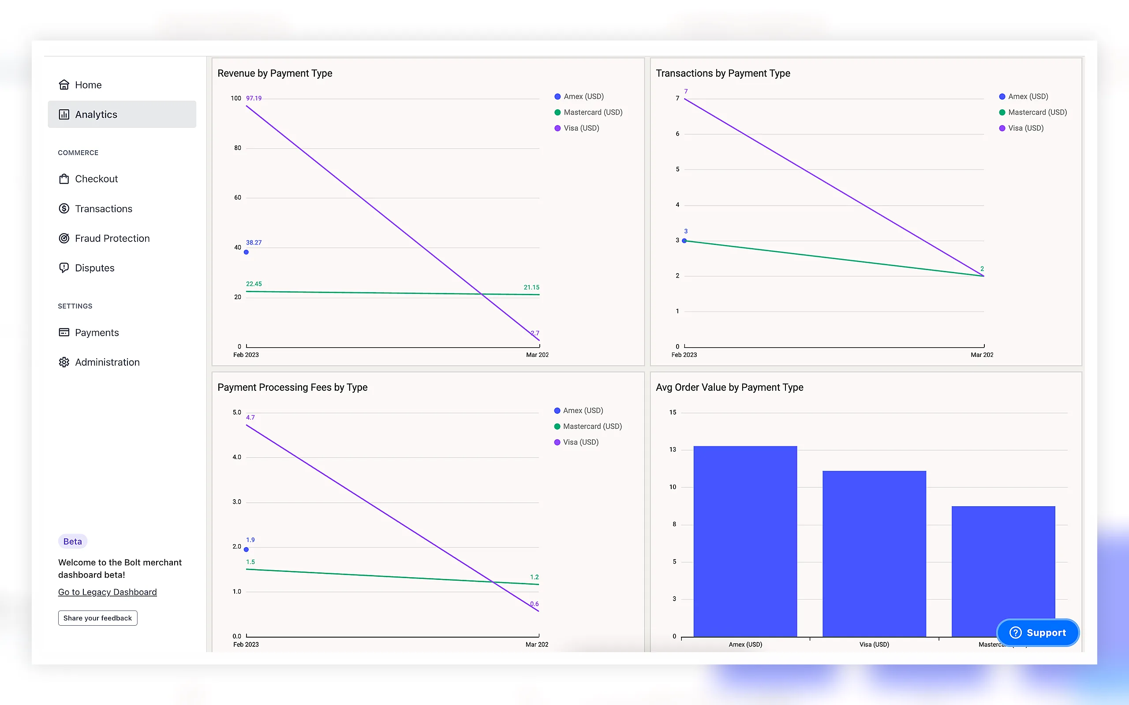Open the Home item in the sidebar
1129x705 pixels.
pos(80,85)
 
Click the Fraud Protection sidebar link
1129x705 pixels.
pos(104,238)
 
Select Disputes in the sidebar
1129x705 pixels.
pos(86,268)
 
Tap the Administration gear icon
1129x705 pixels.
pos(64,362)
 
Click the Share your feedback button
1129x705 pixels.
pos(97,618)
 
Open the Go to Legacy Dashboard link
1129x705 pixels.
pos(107,592)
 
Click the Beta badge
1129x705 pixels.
pos(72,542)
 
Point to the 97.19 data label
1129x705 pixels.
pos(254,98)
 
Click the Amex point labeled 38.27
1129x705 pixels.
pos(247,252)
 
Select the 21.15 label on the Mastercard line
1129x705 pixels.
pos(531,287)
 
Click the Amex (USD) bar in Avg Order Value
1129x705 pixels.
pos(745,542)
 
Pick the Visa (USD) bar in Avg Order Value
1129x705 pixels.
pos(874,554)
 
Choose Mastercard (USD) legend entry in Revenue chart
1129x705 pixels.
pos(588,112)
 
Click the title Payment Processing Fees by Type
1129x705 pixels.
pos(292,387)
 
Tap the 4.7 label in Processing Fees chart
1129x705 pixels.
pos(250,417)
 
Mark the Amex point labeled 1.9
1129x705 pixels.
pos(247,550)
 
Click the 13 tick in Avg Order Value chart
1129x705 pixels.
pos(673,449)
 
